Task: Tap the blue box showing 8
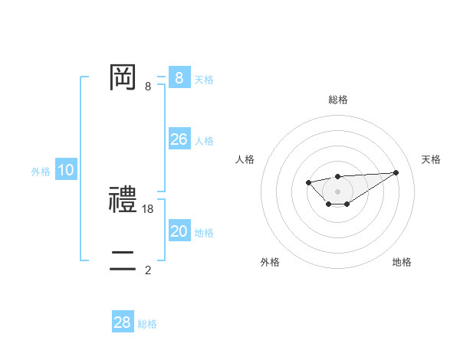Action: point(179,77)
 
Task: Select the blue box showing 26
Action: point(179,139)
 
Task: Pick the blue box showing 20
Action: point(179,231)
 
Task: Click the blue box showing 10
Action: point(66,170)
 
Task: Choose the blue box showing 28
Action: point(123,322)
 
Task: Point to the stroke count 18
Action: point(149,208)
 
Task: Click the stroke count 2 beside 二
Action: point(148,270)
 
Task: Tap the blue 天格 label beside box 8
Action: point(204,79)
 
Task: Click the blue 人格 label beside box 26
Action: point(204,141)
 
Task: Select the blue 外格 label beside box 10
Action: point(41,172)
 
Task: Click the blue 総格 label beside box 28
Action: point(147,324)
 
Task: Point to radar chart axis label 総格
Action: point(338,100)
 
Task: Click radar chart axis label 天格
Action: point(431,159)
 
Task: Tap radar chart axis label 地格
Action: point(402,262)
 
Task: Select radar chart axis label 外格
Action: point(270,262)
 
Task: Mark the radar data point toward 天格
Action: point(396,172)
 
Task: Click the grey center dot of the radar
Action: point(337,191)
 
